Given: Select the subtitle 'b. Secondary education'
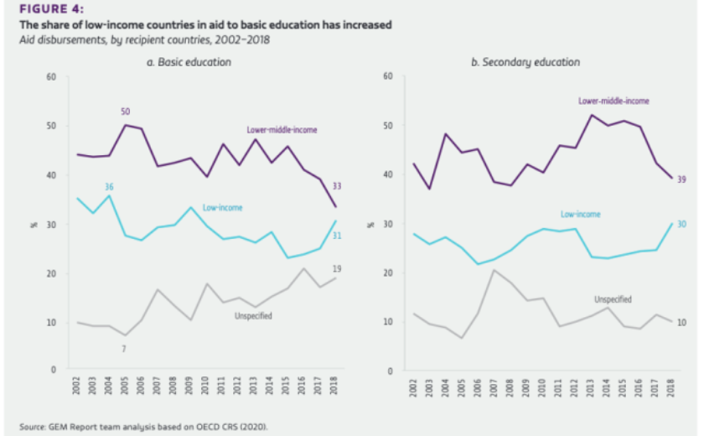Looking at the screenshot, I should pyautogui.click(x=525, y=62).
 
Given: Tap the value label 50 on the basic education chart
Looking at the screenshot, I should pyautogui.click(x=126, y=112).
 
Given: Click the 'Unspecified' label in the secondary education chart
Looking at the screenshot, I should pyautogui.click(x=612, y=298).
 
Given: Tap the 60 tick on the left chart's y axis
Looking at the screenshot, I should pyautogui.click(x=50, y=77).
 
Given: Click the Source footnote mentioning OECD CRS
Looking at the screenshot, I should pyautogui.click(x=144, y=427).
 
